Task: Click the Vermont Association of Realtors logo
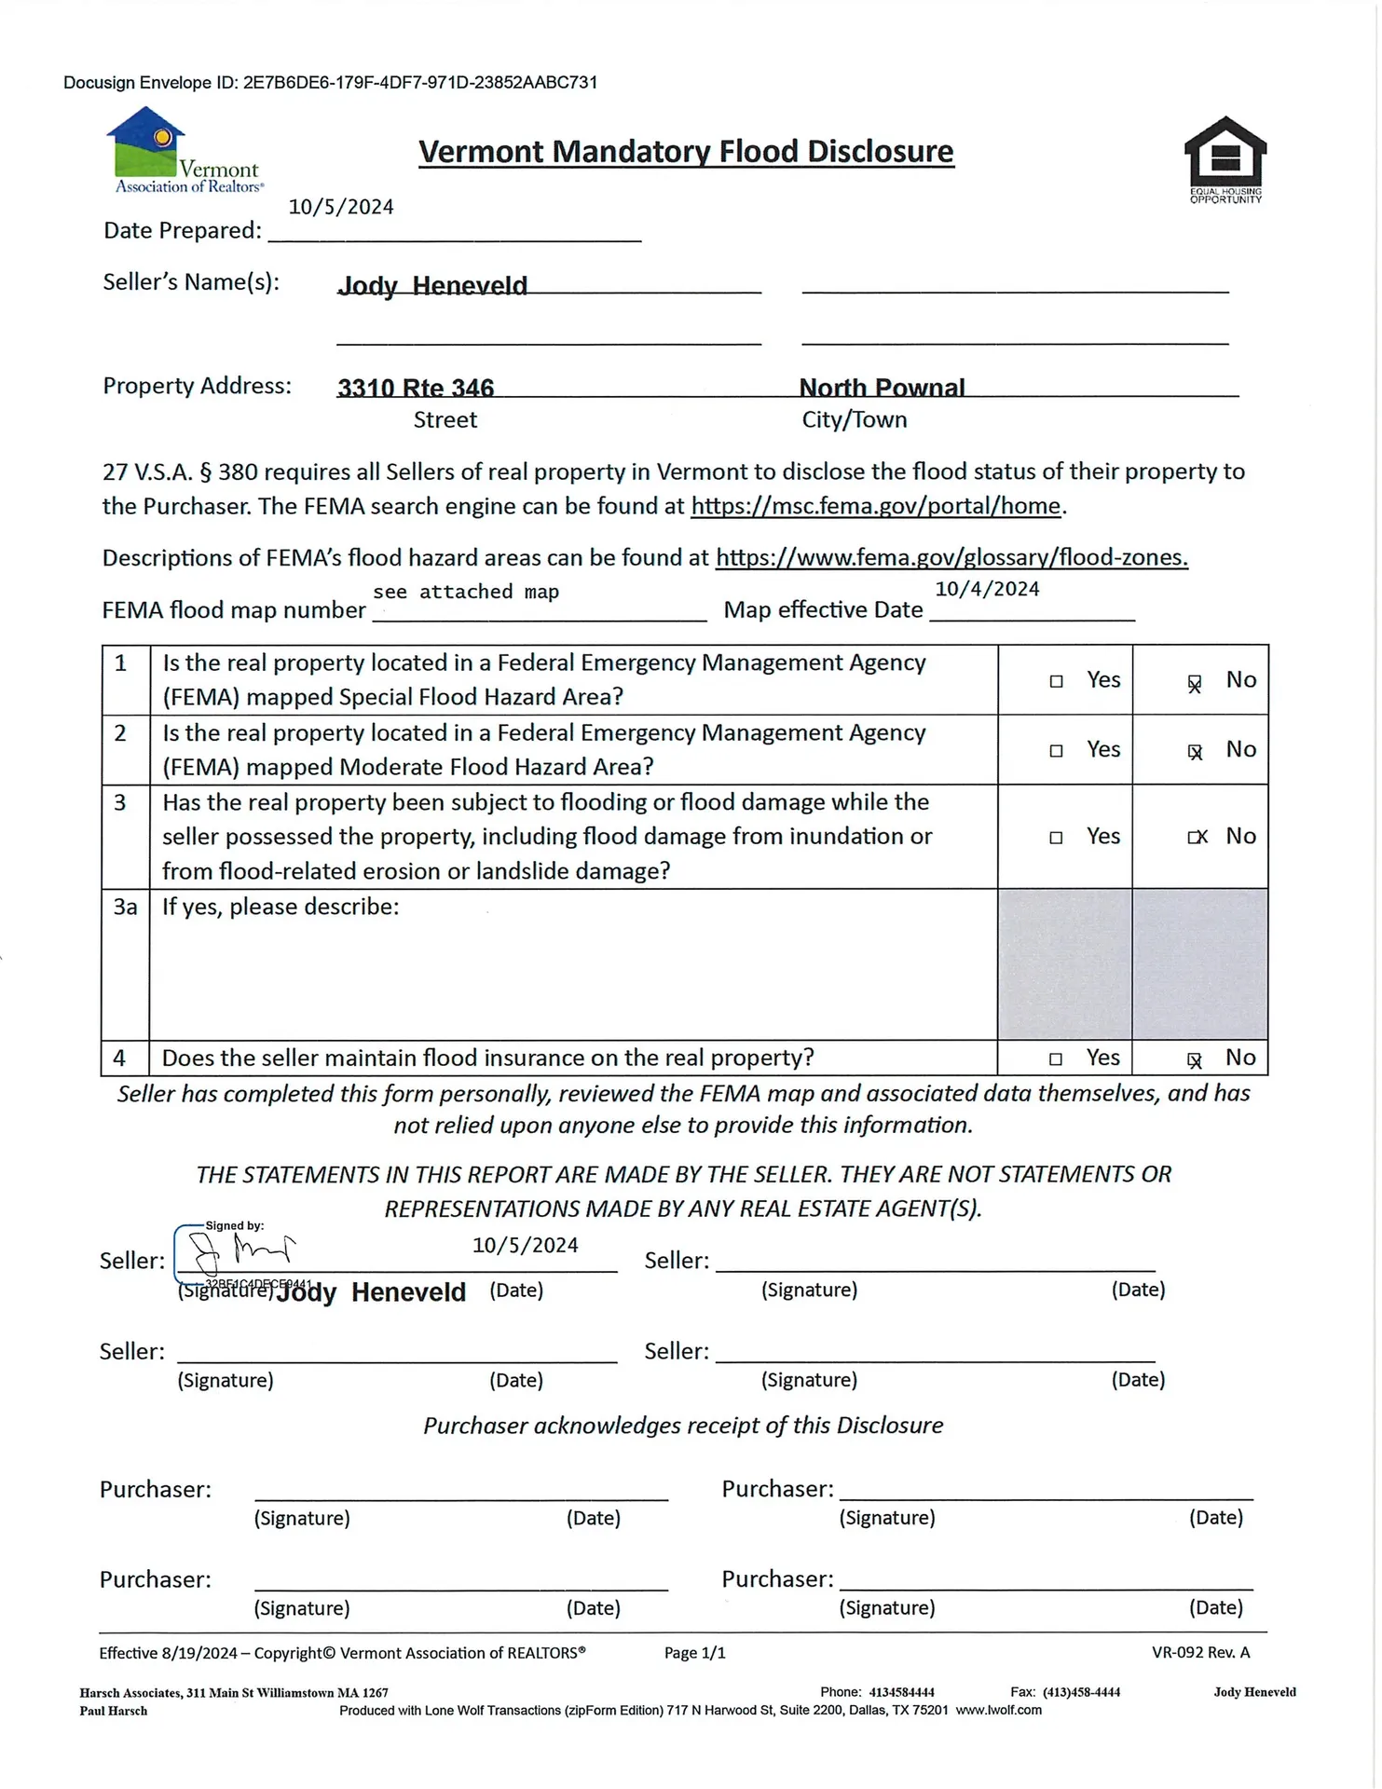tap(184, 151)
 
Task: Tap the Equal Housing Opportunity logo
tap(1225, 159)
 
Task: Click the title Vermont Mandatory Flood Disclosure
tap(686, 152)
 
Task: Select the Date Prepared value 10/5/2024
tap(341, 207)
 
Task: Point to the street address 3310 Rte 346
tap(416, 388)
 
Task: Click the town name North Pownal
tap(882, 388)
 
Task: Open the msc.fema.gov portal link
tap(876, 506)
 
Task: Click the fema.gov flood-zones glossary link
tap(951, 557)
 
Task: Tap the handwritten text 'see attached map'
tap(466, 592)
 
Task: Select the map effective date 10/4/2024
tap(987, 589)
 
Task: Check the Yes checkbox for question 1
tap(1056, 681)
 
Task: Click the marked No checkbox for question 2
tap(1195, 751)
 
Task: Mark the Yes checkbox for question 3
tap(1056, 838)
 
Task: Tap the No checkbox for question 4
tap(1194, 1059)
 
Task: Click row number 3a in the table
tap(125, 907)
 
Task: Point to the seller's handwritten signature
tap(240, 1251)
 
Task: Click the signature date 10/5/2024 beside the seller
tap(525, 1246)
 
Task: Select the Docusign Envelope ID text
tap(330, 83)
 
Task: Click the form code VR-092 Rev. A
tap(1200, 1652)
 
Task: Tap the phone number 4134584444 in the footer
tap(901, 1692)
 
